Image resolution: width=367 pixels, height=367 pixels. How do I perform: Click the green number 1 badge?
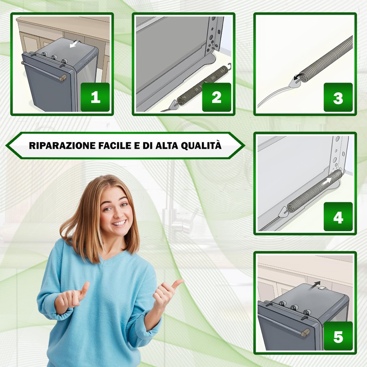[95, 97]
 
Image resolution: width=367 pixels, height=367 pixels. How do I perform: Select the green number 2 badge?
[217, 97]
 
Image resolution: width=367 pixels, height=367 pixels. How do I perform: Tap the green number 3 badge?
[338, 97]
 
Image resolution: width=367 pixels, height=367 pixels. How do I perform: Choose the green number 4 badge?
[338, 217]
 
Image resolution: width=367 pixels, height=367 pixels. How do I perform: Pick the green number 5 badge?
[338, 336]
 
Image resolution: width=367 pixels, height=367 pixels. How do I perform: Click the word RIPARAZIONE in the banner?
[62, 145]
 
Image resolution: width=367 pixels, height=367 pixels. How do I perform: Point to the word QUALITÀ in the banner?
[201, 145]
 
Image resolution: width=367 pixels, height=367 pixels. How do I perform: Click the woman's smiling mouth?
[120, 223]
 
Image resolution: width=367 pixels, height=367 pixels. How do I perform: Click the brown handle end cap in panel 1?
[63, 77]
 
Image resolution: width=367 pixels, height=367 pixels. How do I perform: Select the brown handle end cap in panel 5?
[306, 332]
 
